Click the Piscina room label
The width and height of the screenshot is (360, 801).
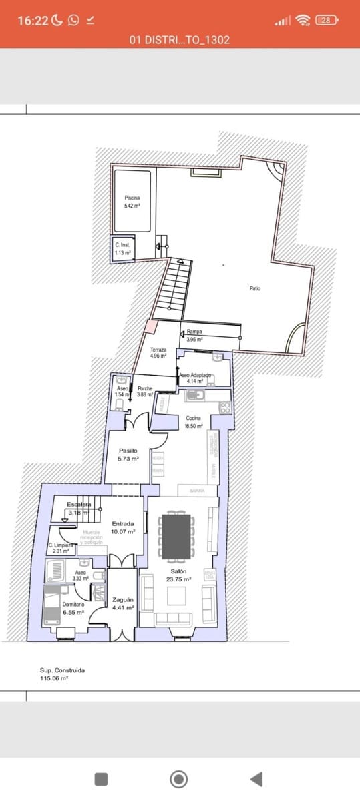pyautogui.click(x=132, y=202)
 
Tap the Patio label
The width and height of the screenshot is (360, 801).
pyautogui.click(x=255, y=288)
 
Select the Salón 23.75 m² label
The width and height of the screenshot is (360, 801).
pyautogui.click(x=178, y=575)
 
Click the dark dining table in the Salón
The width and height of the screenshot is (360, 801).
pyautogui.click(x=177, y=535)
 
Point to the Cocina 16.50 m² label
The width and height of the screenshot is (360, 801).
pyautogui.click(x=194, y=421)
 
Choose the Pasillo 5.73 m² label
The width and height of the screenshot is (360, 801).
pyautogui.click(x=128, y=455)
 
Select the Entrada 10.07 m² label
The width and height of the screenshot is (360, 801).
pyautogui.click(x=124, y=527)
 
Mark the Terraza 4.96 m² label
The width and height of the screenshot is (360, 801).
pyautogui.click(x=158, y=352)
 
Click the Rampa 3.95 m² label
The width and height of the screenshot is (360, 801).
pyautogui.click(x=194, y=335)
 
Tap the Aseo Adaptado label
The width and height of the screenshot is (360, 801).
pyautogui.click(x=195, y=378)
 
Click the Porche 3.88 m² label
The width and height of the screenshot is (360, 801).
pyautogui.click(x=144, y=392)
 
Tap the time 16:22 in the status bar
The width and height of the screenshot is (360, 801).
pyautogui.click(x=33, y=21)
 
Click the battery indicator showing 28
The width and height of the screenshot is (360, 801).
pyautogui.click(x=325, y=20)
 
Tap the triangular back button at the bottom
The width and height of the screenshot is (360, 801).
pyautogui.click(x=256, y=778)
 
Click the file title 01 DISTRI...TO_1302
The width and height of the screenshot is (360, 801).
pyautogui.click(x=180, y=40)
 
